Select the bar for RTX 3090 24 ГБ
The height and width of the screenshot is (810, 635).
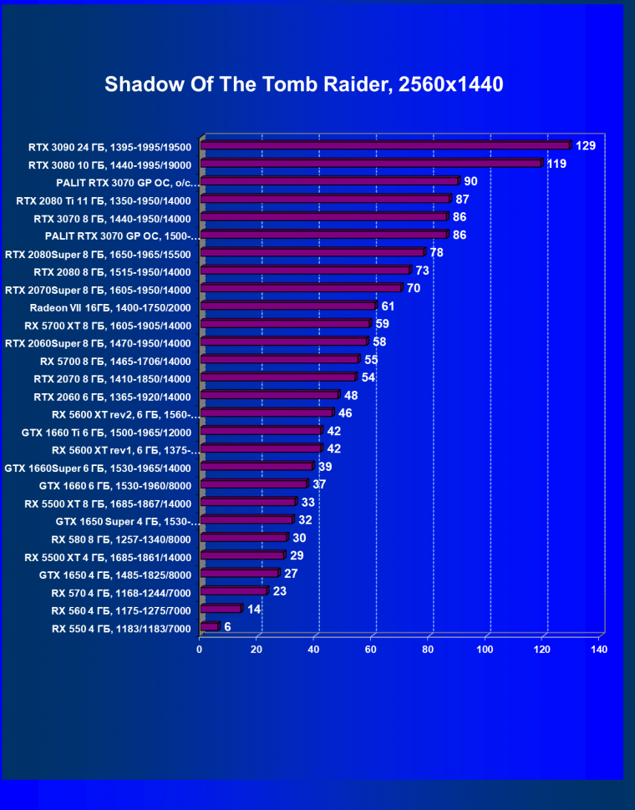point(385,146)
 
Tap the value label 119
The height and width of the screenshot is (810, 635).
point(556,164)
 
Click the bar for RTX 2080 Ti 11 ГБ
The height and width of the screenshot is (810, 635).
point(325,200)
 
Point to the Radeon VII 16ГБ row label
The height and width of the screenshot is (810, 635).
point(110,307)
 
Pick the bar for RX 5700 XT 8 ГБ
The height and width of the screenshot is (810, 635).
point(285,324)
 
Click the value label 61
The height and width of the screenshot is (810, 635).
point(388,306)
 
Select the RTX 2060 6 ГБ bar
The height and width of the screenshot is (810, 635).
point(269,396)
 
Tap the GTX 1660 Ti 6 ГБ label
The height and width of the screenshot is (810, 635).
point(107,432)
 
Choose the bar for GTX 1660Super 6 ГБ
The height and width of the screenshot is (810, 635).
point(257,467)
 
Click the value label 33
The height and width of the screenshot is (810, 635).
point(307,502)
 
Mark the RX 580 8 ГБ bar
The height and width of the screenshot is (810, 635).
point(243,538)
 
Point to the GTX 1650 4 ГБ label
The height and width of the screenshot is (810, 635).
point(115,575)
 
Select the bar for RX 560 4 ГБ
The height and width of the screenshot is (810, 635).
point(221,610)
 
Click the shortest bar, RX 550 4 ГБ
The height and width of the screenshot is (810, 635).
point(209,627)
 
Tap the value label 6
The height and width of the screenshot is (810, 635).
point(227,626)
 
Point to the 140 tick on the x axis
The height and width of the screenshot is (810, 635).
point(598,649)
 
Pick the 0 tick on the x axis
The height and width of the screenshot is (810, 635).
point(200,649)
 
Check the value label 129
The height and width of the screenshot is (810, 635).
point(585,146)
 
